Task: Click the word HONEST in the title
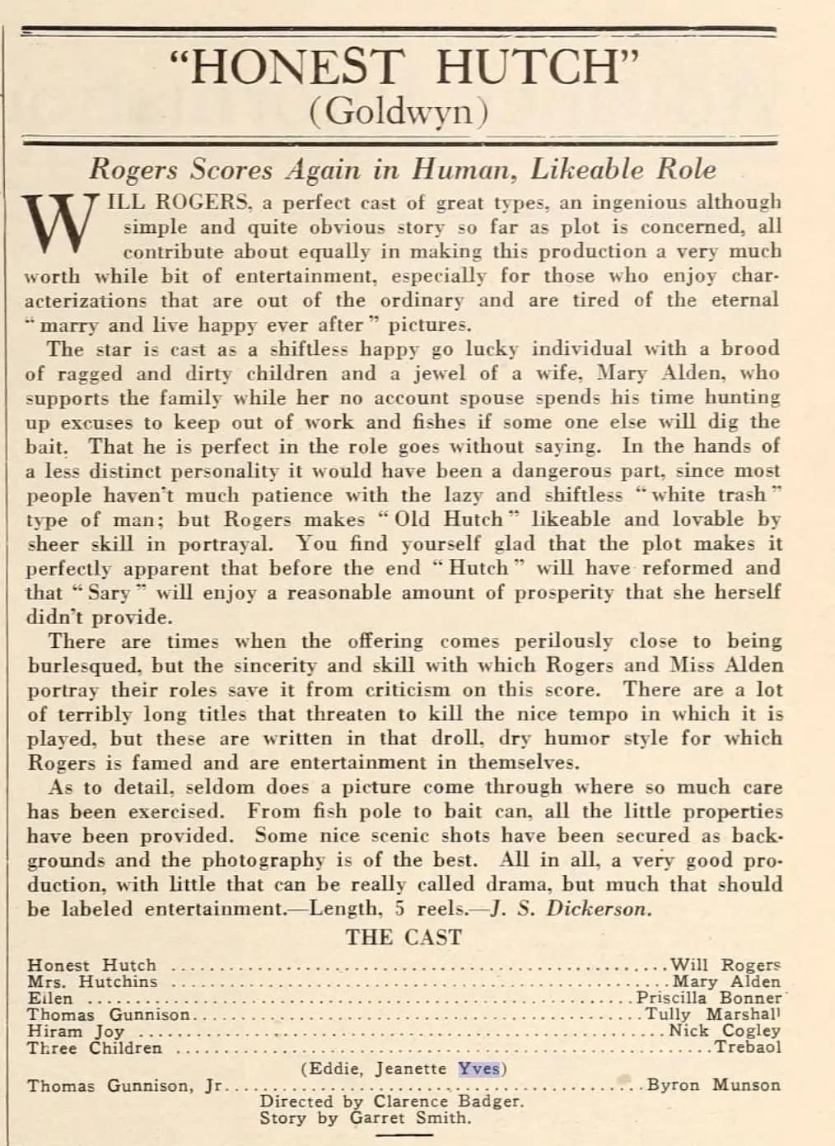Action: click(293, 68)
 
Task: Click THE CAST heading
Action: click(404, 937)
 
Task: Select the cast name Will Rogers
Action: click(725, 965)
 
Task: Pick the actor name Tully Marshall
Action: click(712, 1014)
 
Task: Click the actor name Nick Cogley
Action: click(724, 1031)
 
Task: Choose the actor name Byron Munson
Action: click(713, 1085)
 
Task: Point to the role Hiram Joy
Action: click(76, 1032)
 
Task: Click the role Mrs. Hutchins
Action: click(91, 981)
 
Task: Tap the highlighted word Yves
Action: click(478, 1069)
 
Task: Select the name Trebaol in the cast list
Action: click(748, 1047)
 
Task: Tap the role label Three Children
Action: click(95, 1048)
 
